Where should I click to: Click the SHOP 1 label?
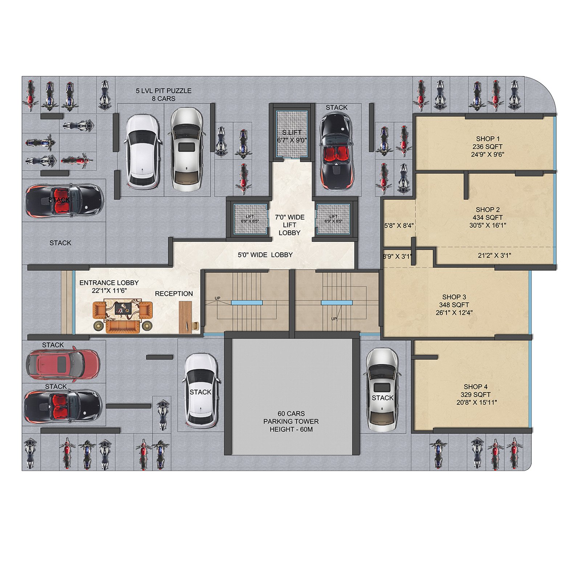point(488,139)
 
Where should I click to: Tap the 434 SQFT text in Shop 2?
point(487,218)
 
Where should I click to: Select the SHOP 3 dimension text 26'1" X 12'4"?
point(454,313)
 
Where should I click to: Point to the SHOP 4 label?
point(475,387)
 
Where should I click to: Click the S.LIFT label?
point(292,133)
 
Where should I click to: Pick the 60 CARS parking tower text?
point(291,414)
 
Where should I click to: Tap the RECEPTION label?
point(174,294)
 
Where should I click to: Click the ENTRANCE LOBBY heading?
point(109,283)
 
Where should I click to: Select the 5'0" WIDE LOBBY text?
point(265,255)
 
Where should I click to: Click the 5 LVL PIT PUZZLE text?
point(163,91)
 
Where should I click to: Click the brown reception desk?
point(186,317)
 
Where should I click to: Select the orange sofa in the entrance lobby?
point(122,327)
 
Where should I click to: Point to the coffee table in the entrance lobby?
point(122,309)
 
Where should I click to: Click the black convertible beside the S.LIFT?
point(336,151)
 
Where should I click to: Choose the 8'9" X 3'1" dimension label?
point(397,256)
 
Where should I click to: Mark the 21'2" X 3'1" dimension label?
point(494,256)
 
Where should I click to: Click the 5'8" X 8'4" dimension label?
point(399,226)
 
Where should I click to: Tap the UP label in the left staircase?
point(218,298)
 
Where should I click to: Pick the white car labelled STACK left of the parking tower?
point(201,391)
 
